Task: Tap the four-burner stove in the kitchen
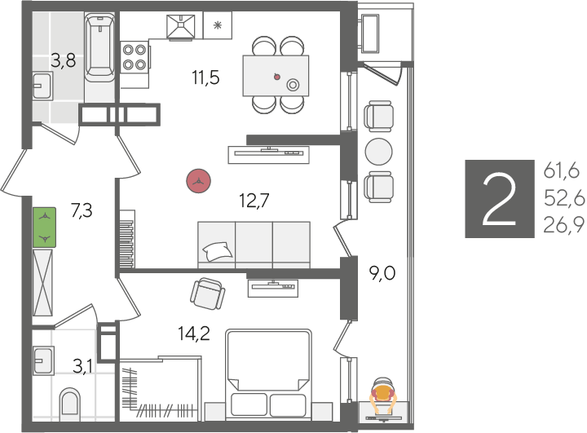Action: (135, 58)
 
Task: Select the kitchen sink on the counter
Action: (181, 27)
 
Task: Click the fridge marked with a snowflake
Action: (218, 25)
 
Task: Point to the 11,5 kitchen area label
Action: (205, 78)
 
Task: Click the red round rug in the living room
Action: (198, 181)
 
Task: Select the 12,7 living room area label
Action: (254, 201)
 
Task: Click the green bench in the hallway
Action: (45, 228)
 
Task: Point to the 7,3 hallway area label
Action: (82, 210)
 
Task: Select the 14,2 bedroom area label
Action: (194, 334)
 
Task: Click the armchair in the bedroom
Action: (208, 294)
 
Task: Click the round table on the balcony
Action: (379, 152)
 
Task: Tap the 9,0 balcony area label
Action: (382, 274)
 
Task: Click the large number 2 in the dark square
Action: (500, 199)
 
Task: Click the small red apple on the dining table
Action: (276, 77)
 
